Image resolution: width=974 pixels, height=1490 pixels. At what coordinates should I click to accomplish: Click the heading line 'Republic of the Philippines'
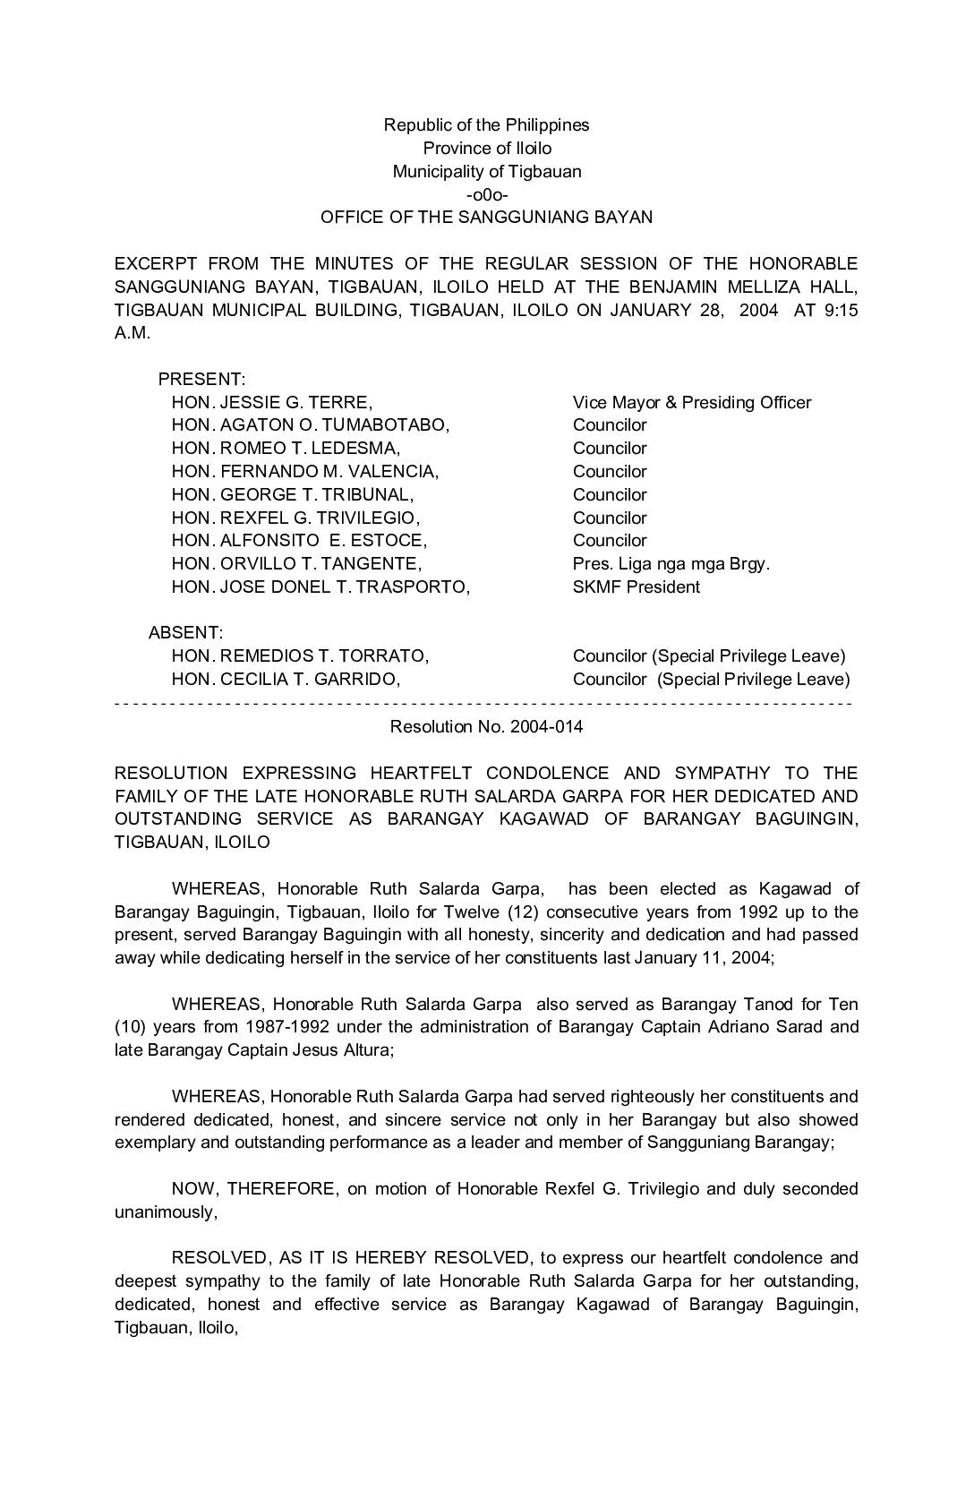pos(486,124)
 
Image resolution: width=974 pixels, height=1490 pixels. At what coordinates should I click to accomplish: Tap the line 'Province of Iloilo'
pos(487,148)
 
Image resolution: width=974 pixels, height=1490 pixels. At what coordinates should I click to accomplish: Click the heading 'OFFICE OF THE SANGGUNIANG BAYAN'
pos(487,217)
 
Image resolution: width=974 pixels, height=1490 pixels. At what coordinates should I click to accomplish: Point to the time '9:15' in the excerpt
pos(841,310)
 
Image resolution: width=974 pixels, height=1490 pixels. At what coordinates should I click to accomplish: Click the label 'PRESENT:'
pos(201,379)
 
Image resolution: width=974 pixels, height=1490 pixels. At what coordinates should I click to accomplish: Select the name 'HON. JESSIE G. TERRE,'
pos(272,402)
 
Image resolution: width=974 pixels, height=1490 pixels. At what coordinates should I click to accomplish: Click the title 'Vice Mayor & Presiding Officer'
pos(692,402)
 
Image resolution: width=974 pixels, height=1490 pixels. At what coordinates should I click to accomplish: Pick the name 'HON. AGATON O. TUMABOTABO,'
pos(311,425)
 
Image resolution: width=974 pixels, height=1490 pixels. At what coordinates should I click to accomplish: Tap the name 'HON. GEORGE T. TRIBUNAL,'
pos(293,494)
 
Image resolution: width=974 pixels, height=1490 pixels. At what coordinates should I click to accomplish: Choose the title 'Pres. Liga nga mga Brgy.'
pos(671,563)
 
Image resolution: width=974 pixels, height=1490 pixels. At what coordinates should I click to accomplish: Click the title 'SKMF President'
pos(637,587)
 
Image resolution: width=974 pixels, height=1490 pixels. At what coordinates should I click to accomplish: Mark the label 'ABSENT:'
pos(186,633)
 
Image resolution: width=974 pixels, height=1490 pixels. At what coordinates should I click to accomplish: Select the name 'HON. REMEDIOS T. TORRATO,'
pos(300,656)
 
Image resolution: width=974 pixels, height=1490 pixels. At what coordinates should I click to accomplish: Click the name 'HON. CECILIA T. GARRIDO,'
pos(286,679)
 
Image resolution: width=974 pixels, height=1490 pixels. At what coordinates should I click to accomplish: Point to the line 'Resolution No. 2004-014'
pos(486,726)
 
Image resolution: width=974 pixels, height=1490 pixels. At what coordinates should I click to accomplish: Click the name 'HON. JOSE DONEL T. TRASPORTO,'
pos(320,587)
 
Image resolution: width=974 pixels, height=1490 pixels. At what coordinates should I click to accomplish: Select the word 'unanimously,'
pos(166,1212)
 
